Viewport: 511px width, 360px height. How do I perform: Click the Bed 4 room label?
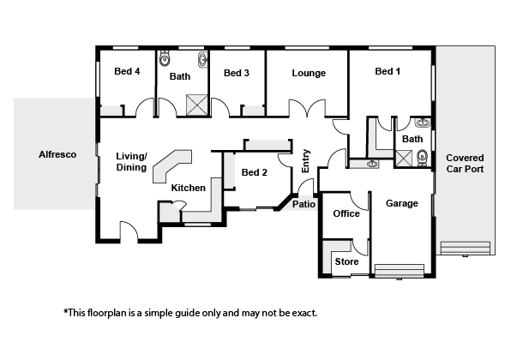click(x=127, y=71)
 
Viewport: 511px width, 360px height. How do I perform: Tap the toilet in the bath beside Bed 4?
click(x=165, y=58)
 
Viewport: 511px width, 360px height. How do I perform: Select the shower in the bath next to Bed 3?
click(x=197, y=105)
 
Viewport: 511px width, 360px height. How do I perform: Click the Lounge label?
click(x=309, y=73)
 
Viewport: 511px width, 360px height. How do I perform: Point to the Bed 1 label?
click(x=388, y=71)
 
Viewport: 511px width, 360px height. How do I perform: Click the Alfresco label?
click(x=57, y=154)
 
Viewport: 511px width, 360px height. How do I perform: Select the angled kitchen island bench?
click(x=172, y=165)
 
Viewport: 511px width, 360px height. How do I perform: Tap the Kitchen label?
click(x=189, y=188)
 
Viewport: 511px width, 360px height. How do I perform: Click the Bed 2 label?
click(x=254, y=172)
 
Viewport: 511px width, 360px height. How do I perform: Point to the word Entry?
click(x=306, y=161)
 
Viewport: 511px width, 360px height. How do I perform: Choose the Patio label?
click(x=304, y=204)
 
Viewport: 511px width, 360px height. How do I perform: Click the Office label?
click(x=346, y=213)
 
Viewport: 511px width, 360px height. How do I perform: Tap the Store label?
click(x=346, y=261)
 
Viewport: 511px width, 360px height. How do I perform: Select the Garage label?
click(x=402, y=203)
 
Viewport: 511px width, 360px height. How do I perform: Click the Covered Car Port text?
click(x=465, y=163)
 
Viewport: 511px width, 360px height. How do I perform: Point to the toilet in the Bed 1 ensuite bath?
click(x=422, y=158)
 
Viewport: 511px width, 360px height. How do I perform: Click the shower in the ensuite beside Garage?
click(x=404, y=159)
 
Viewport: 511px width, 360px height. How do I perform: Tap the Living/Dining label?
click(x=131, y=162)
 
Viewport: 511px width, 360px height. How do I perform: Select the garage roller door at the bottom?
click(x=400, y=271)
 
